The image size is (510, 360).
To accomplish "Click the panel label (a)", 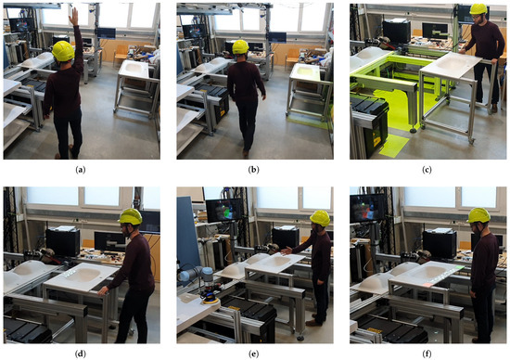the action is coord(81,170).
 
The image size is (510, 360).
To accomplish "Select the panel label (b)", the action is coord(253,170).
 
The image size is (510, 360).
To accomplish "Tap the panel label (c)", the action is coord(427,170).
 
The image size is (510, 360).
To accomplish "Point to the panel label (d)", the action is coord(81,354).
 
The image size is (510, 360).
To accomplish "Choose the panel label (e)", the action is coord(253,354).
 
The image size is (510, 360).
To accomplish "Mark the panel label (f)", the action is coord(427,354).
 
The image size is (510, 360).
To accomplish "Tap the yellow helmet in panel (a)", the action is coord(63,51).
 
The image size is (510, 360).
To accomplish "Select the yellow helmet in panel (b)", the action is coord(240,47).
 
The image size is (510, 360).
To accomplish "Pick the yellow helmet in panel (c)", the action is coord(478,9).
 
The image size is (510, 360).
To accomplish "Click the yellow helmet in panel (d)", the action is coord(131,216).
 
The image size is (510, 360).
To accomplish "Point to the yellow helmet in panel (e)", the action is coord(320,218).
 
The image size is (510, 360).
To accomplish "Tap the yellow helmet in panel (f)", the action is coord(478,215).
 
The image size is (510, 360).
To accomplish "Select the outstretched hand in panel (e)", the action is coord(287,251).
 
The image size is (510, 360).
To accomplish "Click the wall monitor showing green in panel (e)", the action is coord(224,211).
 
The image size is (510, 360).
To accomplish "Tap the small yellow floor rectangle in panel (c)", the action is coord(394,146).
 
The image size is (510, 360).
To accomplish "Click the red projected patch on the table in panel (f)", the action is coord(427,285).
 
